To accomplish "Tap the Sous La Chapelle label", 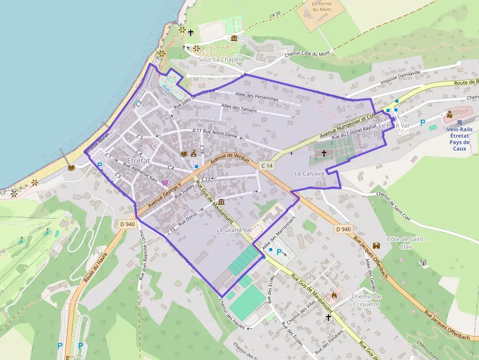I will click(221, 60).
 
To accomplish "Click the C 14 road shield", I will click(266, 166).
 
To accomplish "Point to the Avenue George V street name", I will click(165, 196).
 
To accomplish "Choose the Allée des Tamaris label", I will click(239, 110).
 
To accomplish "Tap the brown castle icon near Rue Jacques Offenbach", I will click(377, 245).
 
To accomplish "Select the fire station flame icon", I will click(334, 296).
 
